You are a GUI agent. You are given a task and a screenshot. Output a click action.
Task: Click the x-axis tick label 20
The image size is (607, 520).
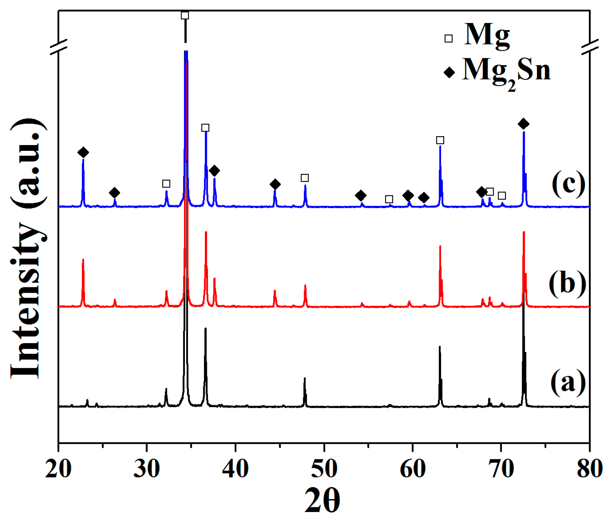coord(58,470)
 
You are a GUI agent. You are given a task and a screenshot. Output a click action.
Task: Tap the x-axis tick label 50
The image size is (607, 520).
coord(324,470)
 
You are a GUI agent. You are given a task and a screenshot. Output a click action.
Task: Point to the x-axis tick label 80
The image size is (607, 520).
coord(589,470)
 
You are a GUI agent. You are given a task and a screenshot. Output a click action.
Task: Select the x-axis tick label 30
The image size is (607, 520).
coord(147,470)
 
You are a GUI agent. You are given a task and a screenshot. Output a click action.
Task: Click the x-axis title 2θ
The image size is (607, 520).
coord(322,501)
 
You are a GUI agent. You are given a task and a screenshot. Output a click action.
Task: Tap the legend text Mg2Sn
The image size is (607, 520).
coord(506,72)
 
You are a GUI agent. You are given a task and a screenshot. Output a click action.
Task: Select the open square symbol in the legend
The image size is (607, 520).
coord(448,39)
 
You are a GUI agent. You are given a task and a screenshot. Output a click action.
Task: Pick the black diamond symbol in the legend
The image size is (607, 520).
coord(449,73)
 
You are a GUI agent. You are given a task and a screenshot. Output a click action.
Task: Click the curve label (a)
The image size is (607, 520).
coord(568,382)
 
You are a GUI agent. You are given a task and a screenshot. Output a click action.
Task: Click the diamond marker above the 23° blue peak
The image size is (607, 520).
coord(83,152)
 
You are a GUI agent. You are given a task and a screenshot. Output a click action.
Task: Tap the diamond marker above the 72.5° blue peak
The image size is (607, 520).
coord(523,124)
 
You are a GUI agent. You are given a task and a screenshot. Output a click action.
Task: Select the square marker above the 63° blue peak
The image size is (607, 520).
coord(440,140)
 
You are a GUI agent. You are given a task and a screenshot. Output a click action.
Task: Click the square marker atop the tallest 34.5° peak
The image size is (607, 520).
coord(185,15)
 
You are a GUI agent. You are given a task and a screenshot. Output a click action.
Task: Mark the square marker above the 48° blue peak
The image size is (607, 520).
coord(305,178)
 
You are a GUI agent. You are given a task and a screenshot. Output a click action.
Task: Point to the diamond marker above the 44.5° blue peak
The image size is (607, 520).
coord(275,184)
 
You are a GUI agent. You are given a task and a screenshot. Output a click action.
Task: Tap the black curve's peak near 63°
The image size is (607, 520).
coord(440,347)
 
